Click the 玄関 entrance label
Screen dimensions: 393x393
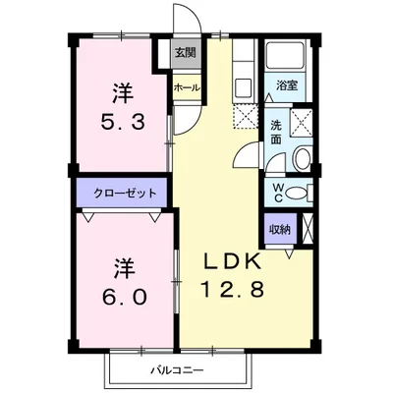tap(185, 52)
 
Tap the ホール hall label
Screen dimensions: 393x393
tap(186, 87)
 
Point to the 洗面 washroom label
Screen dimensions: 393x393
tap(276, 133)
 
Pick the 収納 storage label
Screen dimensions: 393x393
tap(280, 229)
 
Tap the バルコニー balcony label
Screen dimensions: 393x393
tap(177, 371)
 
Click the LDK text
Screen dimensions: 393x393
tap(232, 262)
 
